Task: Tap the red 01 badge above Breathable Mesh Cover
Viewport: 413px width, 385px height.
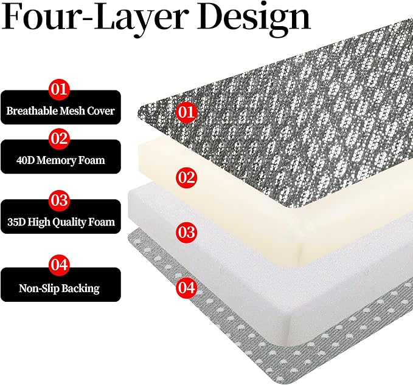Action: (x=59, y=89)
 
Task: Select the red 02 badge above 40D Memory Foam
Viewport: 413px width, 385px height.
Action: (x=59, y=138)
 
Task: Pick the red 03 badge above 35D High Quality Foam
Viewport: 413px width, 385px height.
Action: (x=59, y=200)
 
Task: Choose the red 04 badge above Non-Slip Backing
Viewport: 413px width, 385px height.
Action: (x=59, y=265)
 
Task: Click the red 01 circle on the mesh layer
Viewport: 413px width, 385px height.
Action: (x=187, y=112)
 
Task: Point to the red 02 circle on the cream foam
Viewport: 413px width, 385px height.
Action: (x=187, y=177)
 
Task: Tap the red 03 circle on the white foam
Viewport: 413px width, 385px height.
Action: (x=187, y=233)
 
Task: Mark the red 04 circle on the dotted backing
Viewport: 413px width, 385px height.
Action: (x=187, y=287)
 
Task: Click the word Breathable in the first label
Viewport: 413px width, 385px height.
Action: (x=32, y=111)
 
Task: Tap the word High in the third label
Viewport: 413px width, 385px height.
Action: (x=39, y=223)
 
